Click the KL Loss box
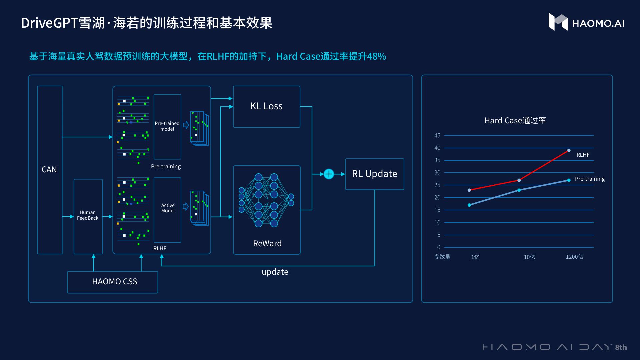(x=266, y=107)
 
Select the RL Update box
(x=374, y=174)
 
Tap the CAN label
(x=49, y=170)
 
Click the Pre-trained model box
(x=167, y=127)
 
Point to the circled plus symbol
(x=329, y=174)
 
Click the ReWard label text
(x=267, y=244)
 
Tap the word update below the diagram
(x=275, y=272)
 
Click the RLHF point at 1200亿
(x=569, y=150)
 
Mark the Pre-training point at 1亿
(x=469, y=205)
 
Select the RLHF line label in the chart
(x=583, y=155)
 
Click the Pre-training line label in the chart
(x=590, y=179)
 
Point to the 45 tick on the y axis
(x=437, y=136)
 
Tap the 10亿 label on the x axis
(x=529, y=257)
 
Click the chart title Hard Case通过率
(x=515, y=121)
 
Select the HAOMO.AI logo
(x=586, y=23)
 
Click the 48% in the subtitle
(x=376, y=56)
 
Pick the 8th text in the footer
(x=621, y=347)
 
